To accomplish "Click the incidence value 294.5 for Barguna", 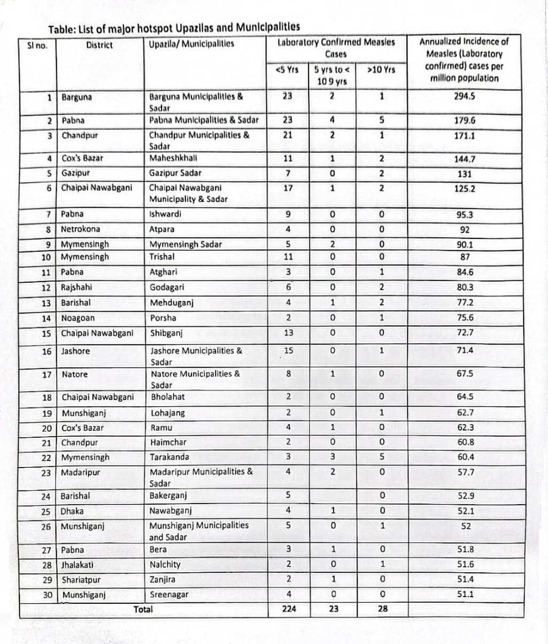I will coord(465,97).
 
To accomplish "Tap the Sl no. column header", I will coord(37,45).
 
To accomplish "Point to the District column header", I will coord(99,45).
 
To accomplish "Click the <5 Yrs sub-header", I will coord(287,70).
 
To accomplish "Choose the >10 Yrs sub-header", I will coord(381,70).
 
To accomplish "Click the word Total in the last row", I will coord(143,609).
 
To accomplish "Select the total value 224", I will coord(289,609).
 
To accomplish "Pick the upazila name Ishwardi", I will coord(165,214).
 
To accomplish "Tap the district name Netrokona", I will coord(80,229).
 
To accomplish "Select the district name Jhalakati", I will coord(80,565).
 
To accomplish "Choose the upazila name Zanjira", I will coord(163,580).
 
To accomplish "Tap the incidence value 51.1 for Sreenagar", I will coord(465,594).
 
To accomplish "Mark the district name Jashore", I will coord(75,351).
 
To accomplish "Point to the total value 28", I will coord(382,609).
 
